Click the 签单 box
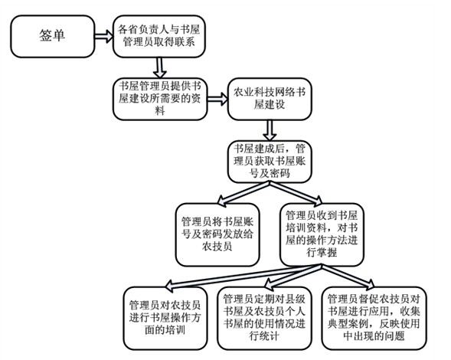coord(53,36)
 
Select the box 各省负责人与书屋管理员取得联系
coord(159,36)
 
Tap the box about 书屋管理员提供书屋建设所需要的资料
coord(160,99)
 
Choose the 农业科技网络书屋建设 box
coord(270,99)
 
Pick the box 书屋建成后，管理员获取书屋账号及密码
coord(270,162)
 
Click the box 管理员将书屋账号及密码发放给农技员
coord(217,234)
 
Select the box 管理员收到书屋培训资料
coord(322,234)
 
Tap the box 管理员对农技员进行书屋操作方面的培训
coord(165,318)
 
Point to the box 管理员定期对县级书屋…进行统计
coord(264,318)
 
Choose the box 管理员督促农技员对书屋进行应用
coord(374,318)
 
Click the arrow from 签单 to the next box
coord(104,36)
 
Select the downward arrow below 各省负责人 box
coord(160,68)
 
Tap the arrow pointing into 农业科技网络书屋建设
coord(217,99)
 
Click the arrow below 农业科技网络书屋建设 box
coord(270,130)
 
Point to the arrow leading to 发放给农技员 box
coord(243,193)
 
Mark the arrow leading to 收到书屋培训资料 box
coord(296,192)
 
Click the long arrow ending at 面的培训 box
coord(243,277)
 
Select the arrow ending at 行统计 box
coord(292,277)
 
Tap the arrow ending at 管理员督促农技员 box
coord(348,277)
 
